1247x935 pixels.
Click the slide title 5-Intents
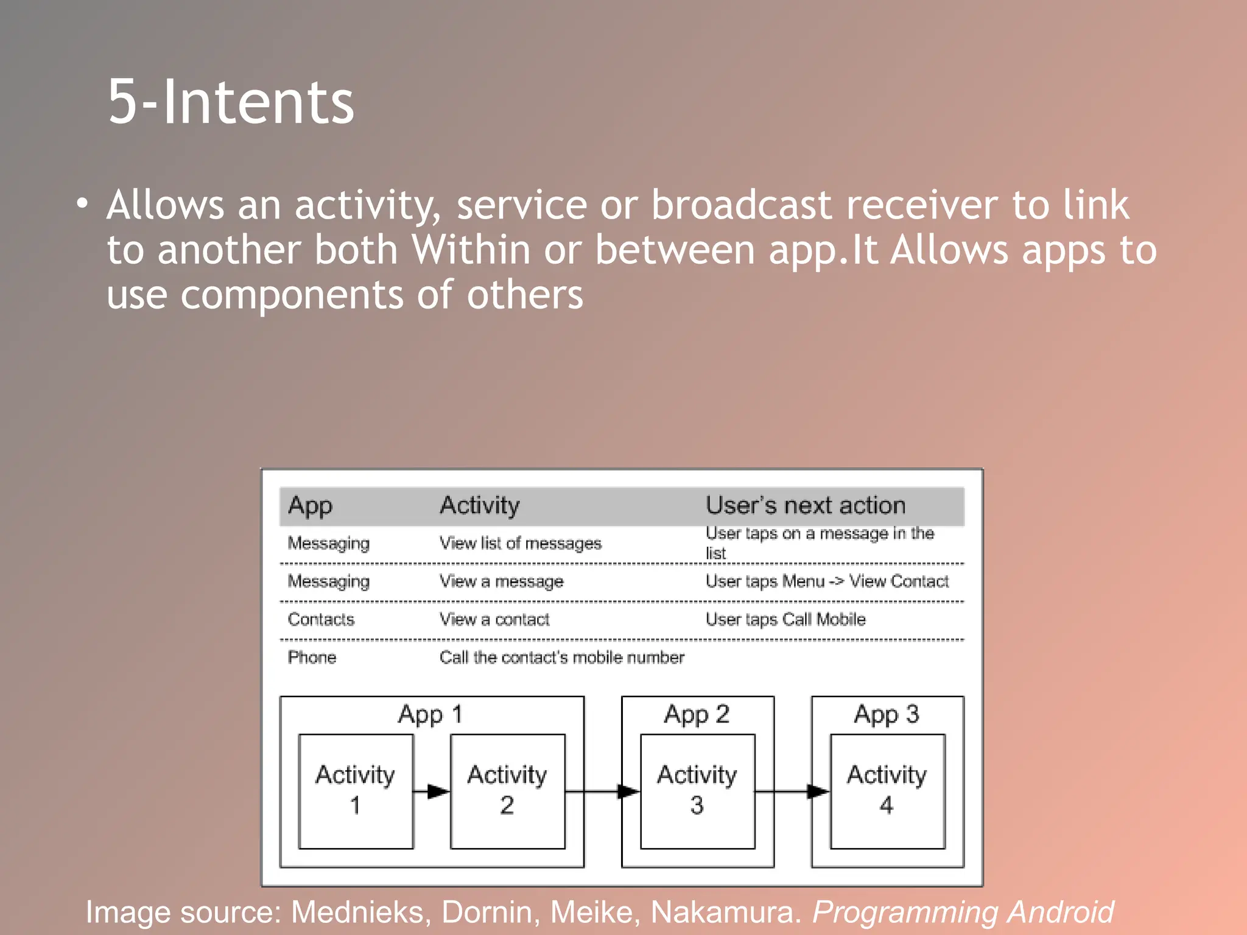point(231,102)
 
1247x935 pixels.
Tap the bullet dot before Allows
point(82,203)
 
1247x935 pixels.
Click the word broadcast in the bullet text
point(741,205)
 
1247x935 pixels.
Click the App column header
point(310,505)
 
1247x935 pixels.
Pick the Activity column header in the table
point(479,505)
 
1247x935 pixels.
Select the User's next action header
point(805,505)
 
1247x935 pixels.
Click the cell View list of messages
point(520,543)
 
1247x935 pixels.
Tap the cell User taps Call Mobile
point(785,620)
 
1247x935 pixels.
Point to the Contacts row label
point(321,620)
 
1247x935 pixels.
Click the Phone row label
point(312,657)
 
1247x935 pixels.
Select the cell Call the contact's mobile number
point(561,657)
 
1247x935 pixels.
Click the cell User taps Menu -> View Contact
point(826,581)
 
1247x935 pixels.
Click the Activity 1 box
point(356,791)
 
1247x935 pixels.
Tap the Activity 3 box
point(697,791)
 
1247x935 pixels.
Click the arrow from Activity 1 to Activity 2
point(431,791)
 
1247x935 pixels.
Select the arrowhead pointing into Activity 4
point(818,791)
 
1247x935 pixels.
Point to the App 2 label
point(697,714)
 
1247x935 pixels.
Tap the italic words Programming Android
point(963,912)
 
